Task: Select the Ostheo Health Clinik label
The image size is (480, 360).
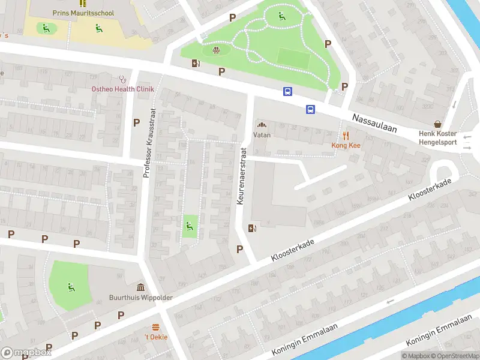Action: (122, 89)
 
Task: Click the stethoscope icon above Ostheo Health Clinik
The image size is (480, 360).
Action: (123, 78)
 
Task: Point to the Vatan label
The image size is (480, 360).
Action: (262, 135)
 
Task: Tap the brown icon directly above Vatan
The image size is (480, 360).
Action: (262, 125)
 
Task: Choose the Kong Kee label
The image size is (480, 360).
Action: (346, 145)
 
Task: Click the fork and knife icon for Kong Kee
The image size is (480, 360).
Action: (346, 136)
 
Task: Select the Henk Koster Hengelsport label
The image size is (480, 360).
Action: (437, 137)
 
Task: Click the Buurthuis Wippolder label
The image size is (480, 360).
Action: (140, 297)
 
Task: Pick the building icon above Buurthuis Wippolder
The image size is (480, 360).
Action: (140, 286)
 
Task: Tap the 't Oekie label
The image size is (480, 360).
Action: (155, 337)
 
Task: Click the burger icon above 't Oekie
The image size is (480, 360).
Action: (155, 327)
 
